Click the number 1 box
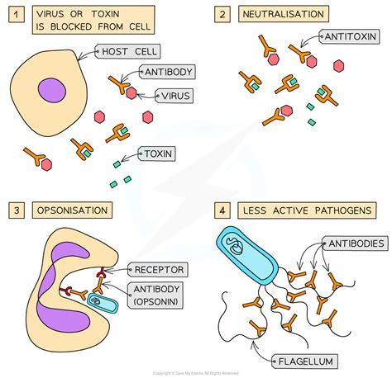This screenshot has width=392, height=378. [13, 14]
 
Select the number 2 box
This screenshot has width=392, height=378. [220, 14]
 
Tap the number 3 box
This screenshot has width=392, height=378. [13, 210]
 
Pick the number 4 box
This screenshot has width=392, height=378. [220, 210]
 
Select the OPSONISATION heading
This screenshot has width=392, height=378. [71, 210]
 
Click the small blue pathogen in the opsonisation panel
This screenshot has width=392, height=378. [105, 304]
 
